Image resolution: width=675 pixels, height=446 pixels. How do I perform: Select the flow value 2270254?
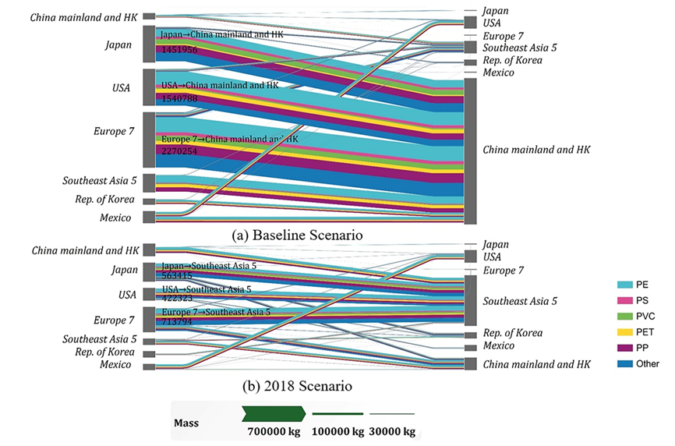179,154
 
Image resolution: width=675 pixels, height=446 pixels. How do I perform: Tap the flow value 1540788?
179,99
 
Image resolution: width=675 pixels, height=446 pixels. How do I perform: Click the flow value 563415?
176,275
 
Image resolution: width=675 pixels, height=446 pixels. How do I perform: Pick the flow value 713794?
176,320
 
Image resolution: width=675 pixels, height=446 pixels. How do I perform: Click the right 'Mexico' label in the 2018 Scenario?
500,345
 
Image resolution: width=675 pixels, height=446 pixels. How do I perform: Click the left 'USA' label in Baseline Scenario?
123,86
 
